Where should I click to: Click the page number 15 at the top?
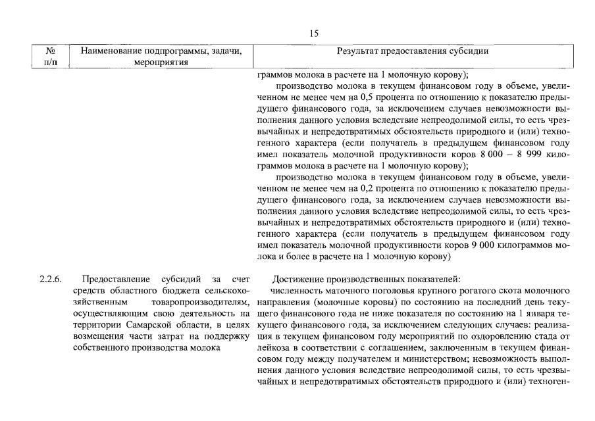click(313, 32)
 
